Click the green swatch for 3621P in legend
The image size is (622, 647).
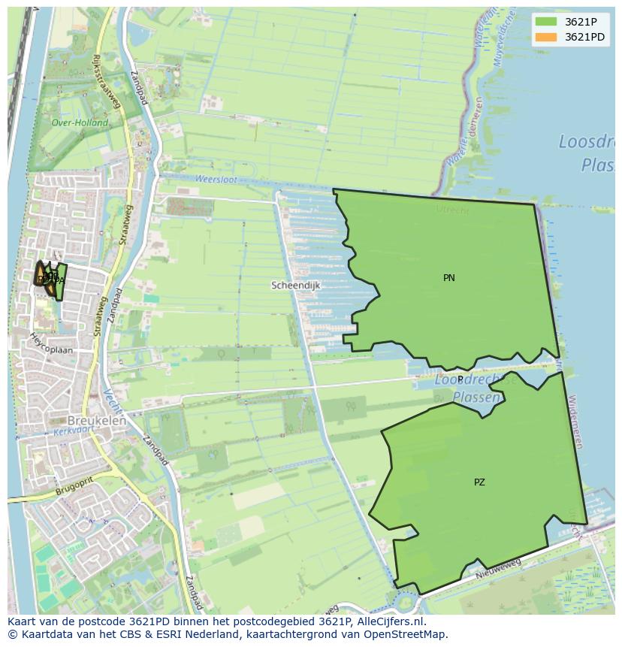click(x=546, y=22)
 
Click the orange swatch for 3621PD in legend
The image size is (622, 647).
click(x=546, y=37)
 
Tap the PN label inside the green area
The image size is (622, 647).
click(x=448, y=278)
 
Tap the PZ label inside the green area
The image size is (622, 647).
click(x=479, y=482)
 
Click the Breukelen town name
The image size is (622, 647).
click(x=97, y=421)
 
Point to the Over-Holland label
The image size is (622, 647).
click(x=80, y=122)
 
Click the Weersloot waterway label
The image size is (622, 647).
click(x=216, y=180)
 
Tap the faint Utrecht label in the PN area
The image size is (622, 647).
click(x=452, y=210)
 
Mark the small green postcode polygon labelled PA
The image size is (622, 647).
click(x=59, y=281)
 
